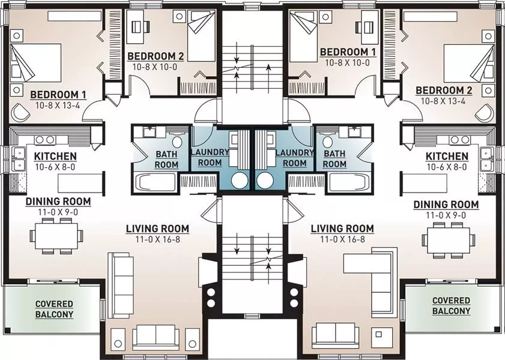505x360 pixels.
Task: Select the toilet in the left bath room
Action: [177, 142]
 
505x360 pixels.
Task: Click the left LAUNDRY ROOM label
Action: [210, 157]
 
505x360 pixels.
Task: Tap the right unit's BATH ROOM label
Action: [334, 159]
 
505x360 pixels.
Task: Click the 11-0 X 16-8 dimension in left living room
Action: [157, 239]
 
